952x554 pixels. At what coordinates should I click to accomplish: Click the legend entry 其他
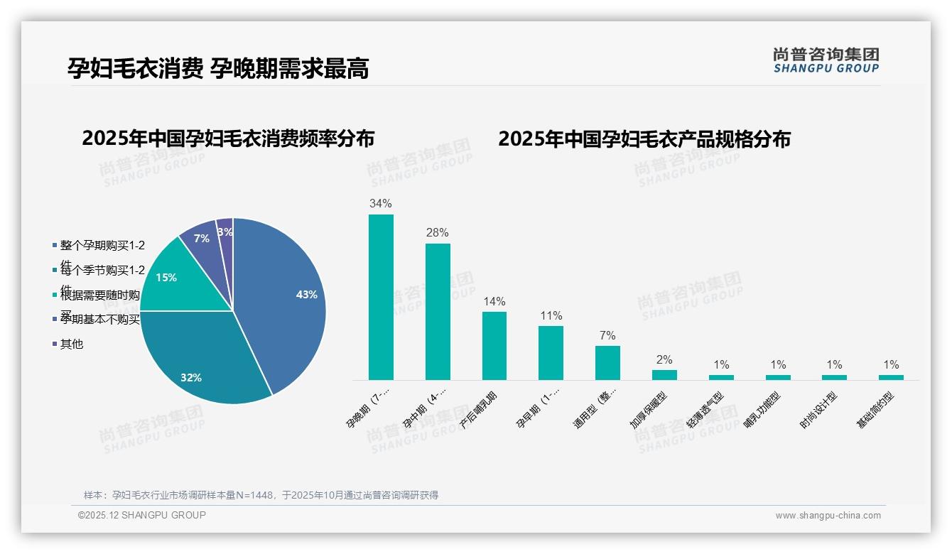coord(71,344)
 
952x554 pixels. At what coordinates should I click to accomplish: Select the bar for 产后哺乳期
coord(494,345)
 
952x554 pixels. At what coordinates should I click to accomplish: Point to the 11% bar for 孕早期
coord(551,352)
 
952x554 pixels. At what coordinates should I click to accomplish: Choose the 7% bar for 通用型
coord(607,362)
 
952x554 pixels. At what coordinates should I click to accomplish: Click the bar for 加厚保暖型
coord(664,374)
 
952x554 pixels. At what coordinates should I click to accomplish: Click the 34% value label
coord(381,203)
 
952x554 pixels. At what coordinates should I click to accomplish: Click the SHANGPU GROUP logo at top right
coord(826,60)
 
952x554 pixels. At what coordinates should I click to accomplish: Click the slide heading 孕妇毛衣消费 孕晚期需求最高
coord(218,68)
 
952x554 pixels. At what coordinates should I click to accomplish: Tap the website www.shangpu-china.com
coord(828,516)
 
